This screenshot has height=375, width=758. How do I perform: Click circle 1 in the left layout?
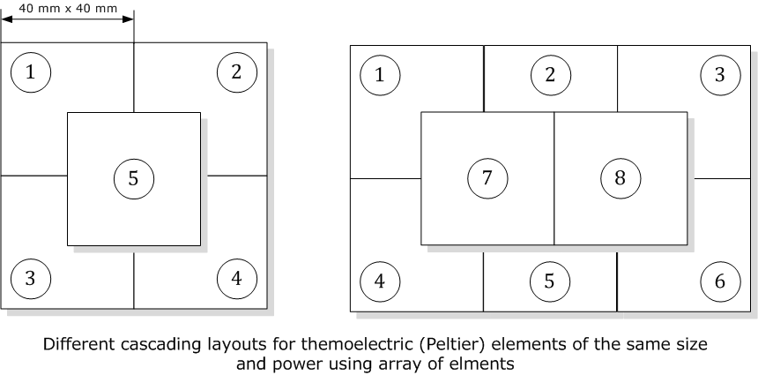[x=31, y=72]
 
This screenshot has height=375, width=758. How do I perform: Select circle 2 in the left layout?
[x=236, y=72]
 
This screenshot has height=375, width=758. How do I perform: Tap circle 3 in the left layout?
[x=31, y=279]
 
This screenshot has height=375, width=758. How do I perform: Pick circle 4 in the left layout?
[x=236, y=279]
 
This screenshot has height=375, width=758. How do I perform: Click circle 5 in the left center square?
[x=133, y=178]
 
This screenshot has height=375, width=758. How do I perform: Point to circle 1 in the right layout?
[x=380, y=75]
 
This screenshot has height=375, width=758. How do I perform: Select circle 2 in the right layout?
[x=550, y=75]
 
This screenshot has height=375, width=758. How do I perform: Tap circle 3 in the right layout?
[x=720, y=75]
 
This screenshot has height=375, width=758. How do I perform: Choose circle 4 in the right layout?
[x=380, y=282]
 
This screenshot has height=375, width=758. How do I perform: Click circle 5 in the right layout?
[x=550, y=282]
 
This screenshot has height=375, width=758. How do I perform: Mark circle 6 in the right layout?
[x=720, y=282]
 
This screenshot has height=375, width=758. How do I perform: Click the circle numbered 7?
[x=487, y=178]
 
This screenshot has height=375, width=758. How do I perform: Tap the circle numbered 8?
[x=620, y=178]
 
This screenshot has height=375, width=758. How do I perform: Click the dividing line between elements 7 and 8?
[x=554, y=212]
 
